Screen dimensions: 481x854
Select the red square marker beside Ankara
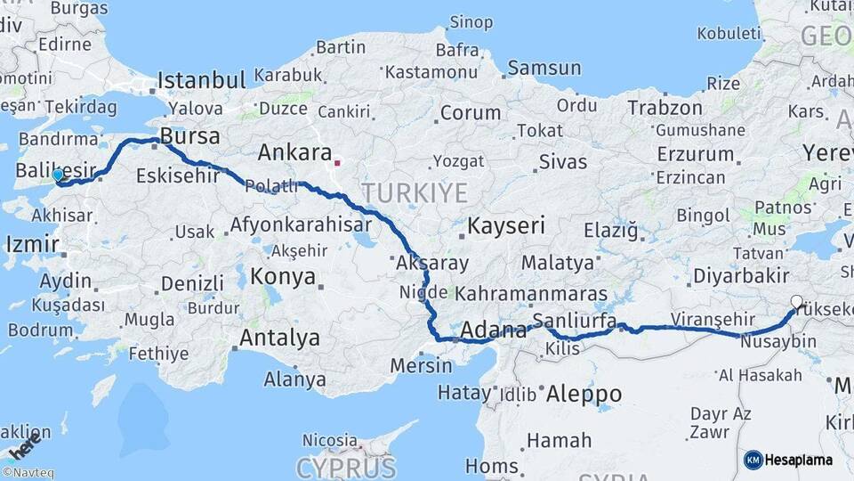(337, 163)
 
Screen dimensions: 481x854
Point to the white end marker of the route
(795, 302)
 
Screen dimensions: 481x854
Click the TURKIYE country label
(414, 192)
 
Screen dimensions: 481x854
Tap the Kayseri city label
(506, 225)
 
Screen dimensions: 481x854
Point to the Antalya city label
(280, 338)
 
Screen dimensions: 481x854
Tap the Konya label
(283, 277)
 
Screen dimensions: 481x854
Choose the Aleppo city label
(584, 393)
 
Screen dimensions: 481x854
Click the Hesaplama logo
(788, 460)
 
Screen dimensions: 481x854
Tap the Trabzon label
(665, 108)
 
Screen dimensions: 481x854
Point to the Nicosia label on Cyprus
(329, 440)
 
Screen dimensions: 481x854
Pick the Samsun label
(544, 68)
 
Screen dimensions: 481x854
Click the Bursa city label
(190, 138)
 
